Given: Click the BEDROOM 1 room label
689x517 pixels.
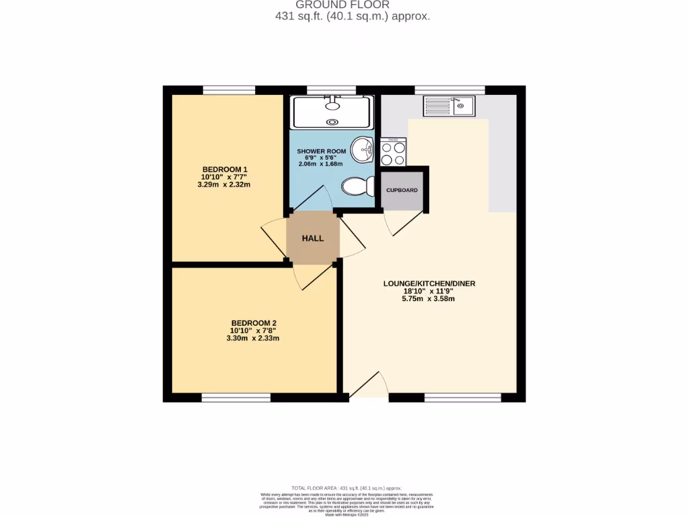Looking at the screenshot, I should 225,169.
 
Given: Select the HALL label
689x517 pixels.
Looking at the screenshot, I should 312,238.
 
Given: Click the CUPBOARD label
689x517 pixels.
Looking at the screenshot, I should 402,191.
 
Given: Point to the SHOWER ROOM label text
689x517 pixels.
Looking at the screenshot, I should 321,151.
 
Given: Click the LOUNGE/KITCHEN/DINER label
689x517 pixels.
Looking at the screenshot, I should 429,283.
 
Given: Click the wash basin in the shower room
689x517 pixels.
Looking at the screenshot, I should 365,149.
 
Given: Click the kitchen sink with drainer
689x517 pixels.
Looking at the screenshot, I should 449,105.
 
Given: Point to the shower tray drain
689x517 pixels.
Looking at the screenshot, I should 332,122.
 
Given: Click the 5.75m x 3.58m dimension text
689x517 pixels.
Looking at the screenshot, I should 429,299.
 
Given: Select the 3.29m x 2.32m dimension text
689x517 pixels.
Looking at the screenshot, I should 225,184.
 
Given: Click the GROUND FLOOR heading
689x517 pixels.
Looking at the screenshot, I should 351,5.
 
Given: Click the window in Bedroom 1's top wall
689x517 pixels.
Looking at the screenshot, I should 229,90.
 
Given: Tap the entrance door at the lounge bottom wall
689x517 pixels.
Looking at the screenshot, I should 369,388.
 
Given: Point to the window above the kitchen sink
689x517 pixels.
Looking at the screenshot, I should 449,90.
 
